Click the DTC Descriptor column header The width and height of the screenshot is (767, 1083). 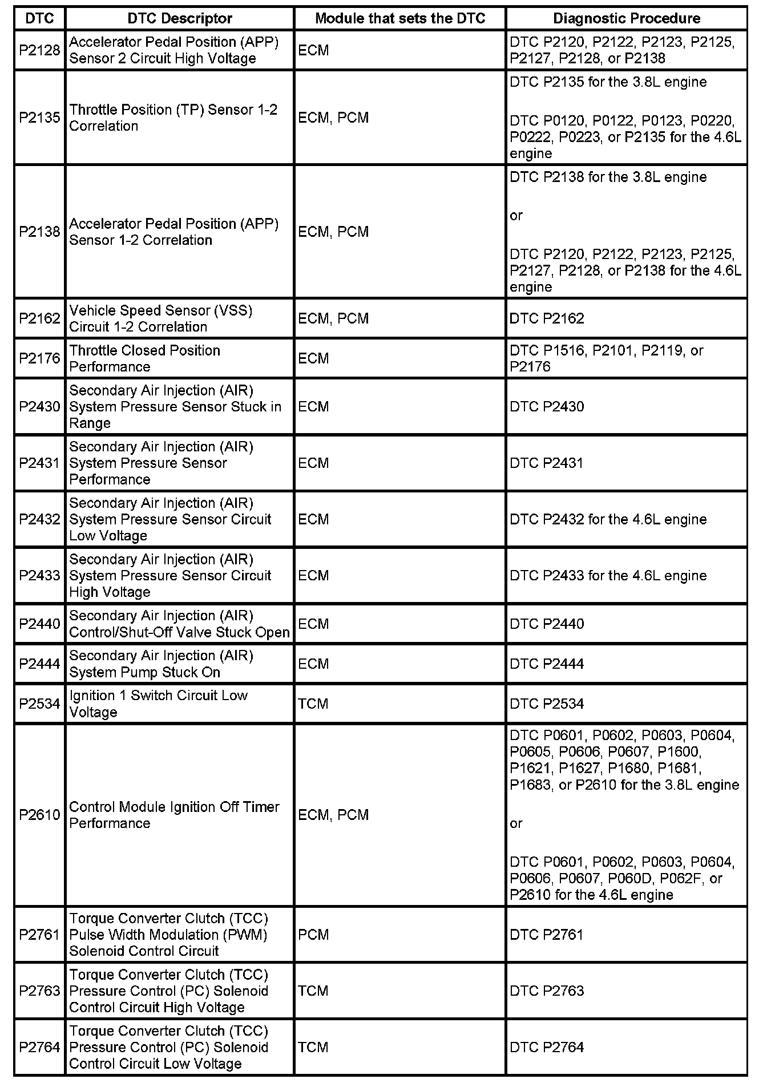point(180,18)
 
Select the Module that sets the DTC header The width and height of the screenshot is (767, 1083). point(399,18)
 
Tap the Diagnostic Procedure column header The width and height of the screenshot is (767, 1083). point(627,18)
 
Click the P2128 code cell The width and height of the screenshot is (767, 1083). point(39,50)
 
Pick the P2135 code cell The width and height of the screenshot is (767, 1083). point(39,118)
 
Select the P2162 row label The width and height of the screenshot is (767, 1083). point(39,318)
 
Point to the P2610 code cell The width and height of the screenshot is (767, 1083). point(39,815)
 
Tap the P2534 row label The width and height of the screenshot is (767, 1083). point(39,704)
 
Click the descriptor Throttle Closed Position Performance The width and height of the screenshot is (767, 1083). point(145,358)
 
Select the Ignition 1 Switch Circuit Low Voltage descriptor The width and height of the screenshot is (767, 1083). point(159,704)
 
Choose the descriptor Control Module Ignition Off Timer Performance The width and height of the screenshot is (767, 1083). point(174,815)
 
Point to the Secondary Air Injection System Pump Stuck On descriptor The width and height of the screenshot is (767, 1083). point(162,664)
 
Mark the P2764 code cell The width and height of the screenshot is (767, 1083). point(39,1047)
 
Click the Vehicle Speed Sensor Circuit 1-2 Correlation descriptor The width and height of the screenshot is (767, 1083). point(161,318)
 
